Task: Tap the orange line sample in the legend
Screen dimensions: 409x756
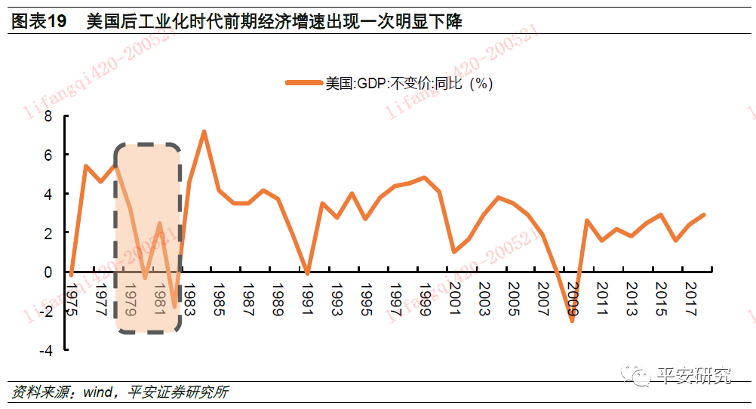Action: coord(303,84)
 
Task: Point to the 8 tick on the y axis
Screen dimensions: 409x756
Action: coord(48,116)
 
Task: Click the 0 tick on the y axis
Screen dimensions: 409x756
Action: coord(48,272)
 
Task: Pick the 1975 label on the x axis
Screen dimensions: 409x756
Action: coord(72,298)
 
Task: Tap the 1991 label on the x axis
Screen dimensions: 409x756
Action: coord(307,298)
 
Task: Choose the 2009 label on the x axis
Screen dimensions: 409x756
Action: coord(573,298)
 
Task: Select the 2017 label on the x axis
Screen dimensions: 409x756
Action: coord(690,298)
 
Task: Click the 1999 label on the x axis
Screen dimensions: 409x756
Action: coord(425,298)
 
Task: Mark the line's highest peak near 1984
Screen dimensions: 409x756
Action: coord(204,131)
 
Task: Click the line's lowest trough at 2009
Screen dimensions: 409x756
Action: coord(572,321)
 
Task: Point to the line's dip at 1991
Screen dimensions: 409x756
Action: coord(307,274)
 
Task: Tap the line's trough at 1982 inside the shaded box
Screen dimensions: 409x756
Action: coord(174,306)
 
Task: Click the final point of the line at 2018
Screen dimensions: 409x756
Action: coord(704,215)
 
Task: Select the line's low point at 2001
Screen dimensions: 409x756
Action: coord(453,252)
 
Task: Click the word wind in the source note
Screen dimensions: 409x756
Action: coord(97,392)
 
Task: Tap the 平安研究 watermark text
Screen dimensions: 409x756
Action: coord(694,375)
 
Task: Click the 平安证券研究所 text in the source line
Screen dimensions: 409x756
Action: coord(179,392)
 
